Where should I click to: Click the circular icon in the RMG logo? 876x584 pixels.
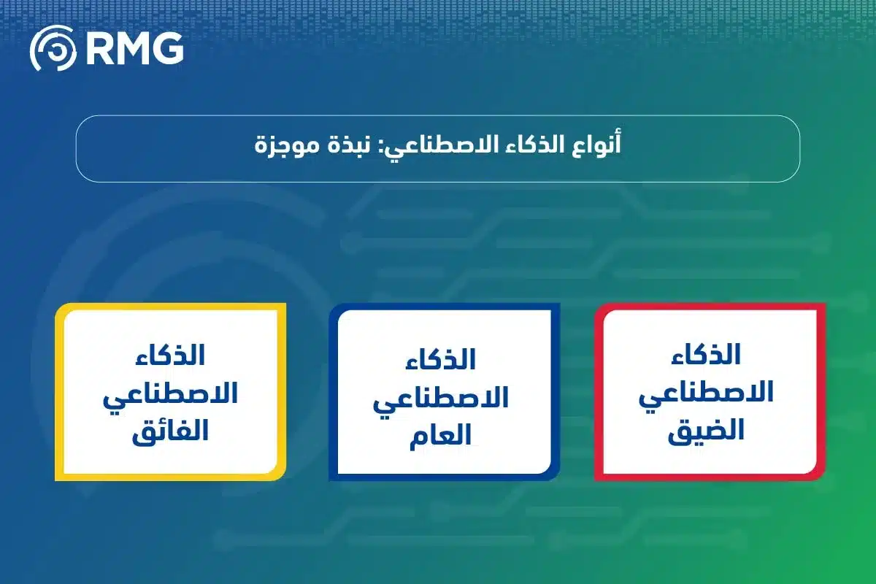pos(53,49)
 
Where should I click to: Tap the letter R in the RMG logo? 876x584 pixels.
pos(99,49)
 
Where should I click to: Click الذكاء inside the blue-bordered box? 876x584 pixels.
pos(442,359)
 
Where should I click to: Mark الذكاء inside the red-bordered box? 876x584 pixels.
pos(707,355)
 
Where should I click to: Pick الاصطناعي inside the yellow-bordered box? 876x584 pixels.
pos(170,395)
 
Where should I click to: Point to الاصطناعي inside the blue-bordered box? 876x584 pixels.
pos(442,398)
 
